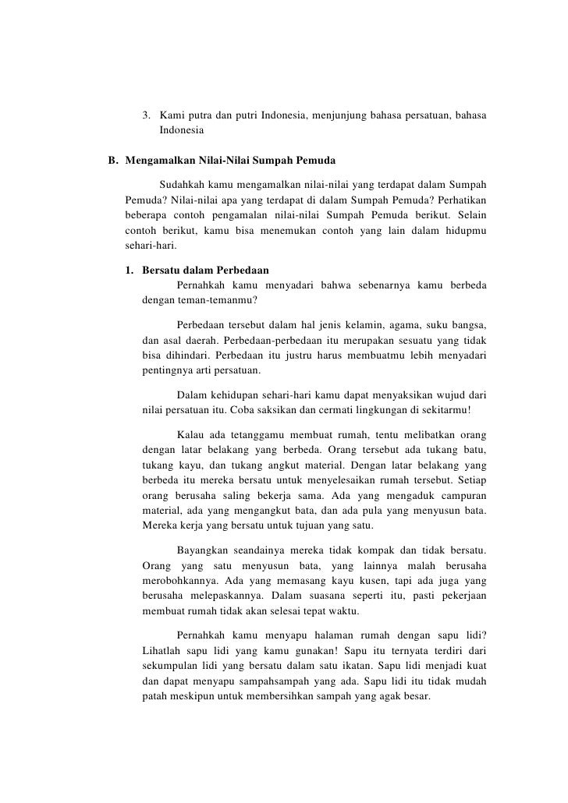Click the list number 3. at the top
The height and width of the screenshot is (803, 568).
pos(148,116)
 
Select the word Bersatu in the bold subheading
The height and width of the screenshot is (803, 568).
pos(163,271)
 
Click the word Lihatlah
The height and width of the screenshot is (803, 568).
pos(164,648)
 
